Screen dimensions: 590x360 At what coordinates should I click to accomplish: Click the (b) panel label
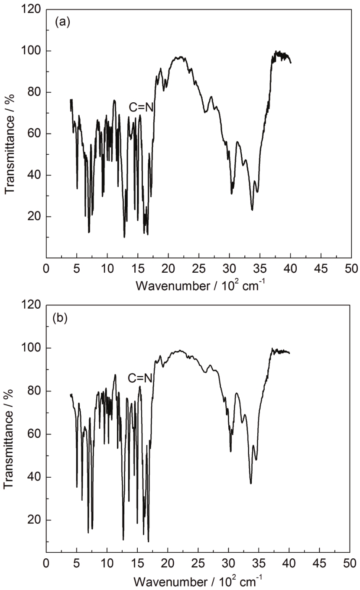(60, 318)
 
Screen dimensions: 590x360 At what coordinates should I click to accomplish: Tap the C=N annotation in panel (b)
(140, 378)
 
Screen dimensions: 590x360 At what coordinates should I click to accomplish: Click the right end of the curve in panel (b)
(289, 353)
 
